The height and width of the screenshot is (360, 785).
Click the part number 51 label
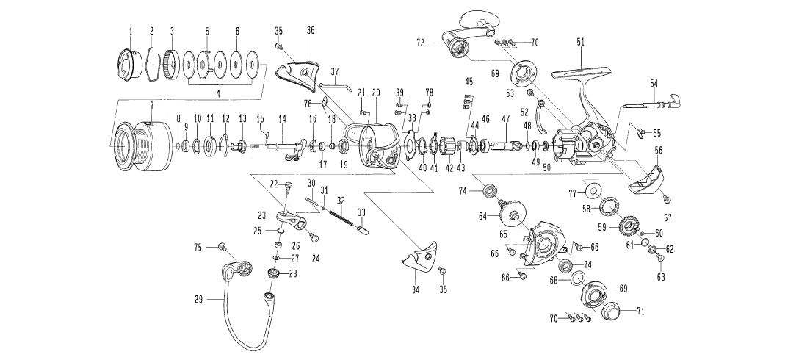(581, 43)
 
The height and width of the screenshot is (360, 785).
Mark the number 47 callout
(504, 118)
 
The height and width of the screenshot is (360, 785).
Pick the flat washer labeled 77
(589, 191)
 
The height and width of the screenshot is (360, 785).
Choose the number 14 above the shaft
(281, 118)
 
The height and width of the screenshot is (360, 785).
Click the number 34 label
(415, 291)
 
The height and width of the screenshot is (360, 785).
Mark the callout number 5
(207, 31)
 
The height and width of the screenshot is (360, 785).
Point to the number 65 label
(504, 234)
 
